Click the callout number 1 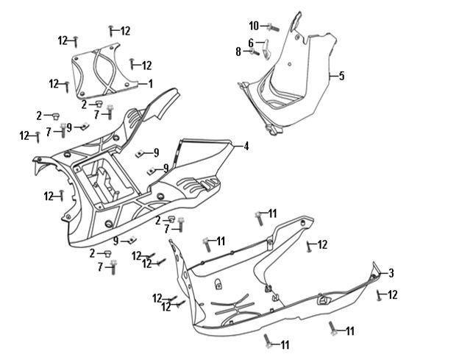tap(151, 83)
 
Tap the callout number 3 tap(391, 273)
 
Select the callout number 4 tap(246, 147)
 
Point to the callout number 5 tap(341, 76)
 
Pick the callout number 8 tap(238, 52)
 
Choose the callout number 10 tap(254, 26)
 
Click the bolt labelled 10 tap(273, 27)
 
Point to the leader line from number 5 tap(333, 76)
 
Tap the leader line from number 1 tap(143, 83)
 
